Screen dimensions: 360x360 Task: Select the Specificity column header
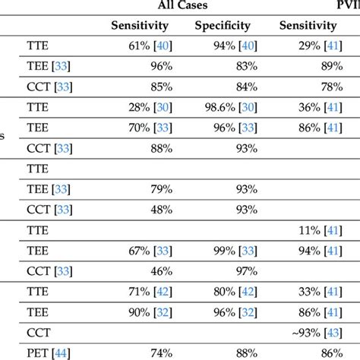pyautogui.click(x=223, y=25)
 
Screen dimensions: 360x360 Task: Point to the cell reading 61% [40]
pyautogui.click(x=150, y=46)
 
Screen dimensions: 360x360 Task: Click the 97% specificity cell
pyautogui.click(x=238, y=269)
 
